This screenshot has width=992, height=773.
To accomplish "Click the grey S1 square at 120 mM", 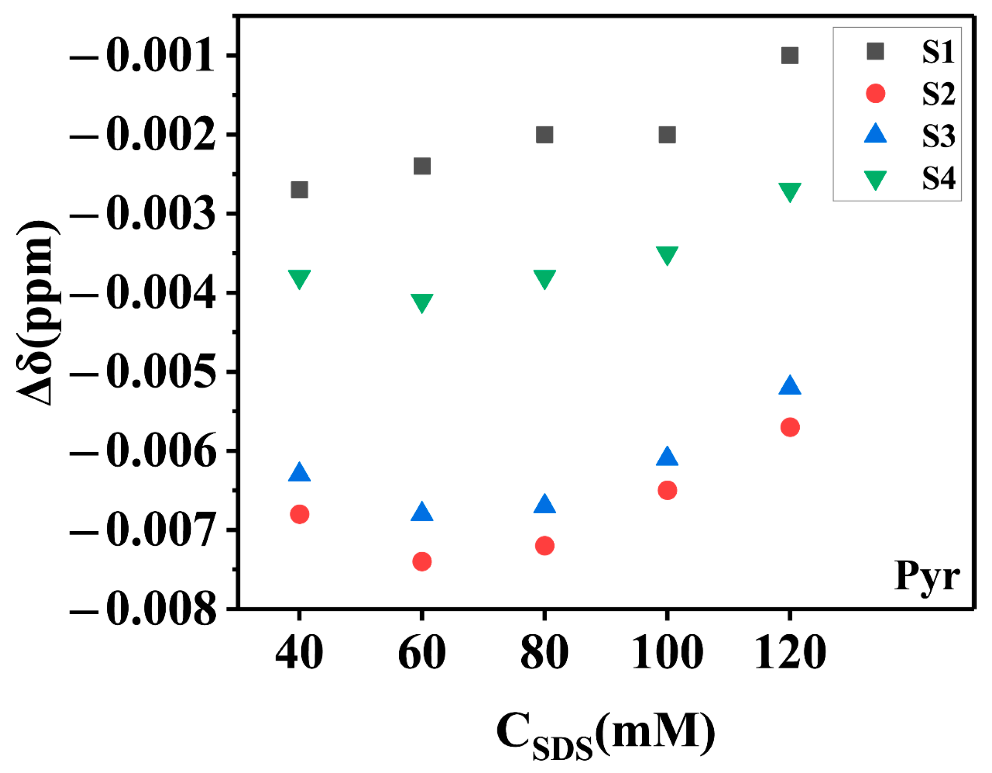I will pos(790,55).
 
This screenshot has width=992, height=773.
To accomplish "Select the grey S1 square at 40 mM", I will pos(299,190).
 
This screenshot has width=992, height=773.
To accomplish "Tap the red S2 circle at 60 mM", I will pos(422,562).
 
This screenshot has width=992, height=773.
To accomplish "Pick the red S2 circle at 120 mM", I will pos(790,427).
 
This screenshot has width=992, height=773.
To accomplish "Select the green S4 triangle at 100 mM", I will pos(667,255).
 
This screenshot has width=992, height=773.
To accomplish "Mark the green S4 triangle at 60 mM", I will pos(422,302).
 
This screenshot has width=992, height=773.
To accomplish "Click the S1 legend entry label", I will pos(938,52).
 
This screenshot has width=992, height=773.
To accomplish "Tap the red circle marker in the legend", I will pos(876,93).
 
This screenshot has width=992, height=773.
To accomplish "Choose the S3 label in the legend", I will pos(938,135).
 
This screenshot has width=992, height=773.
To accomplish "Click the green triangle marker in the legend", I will pos(875,180).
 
